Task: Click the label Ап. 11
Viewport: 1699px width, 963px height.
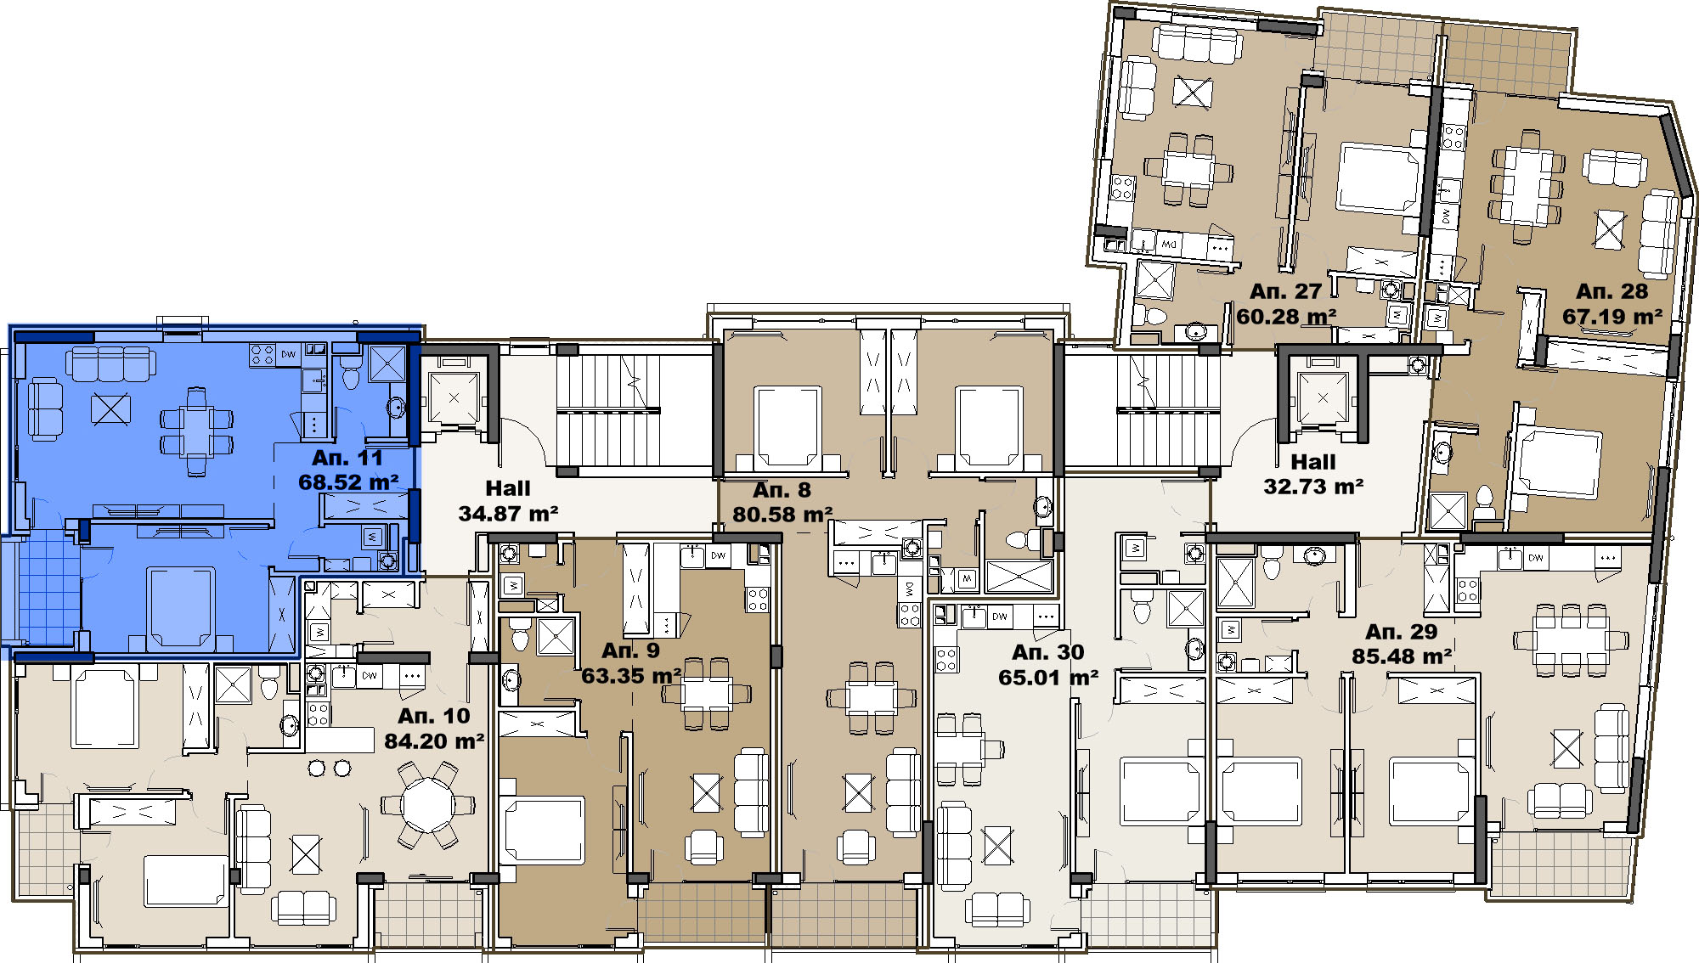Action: (x=347, y=458)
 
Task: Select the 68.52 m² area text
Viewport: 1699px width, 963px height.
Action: (x=348, y=482)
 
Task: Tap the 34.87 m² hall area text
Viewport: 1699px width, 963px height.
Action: (x=508, y=514)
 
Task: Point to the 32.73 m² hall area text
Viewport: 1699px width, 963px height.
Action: (x=1313, y=487)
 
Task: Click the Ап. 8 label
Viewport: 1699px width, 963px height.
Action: (x=782, y=490)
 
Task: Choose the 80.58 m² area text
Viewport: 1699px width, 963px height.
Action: (x=782, y=515)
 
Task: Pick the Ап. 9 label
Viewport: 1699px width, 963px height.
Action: (x=630, y=650)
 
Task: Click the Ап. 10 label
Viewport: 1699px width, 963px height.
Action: (x=434, y=716)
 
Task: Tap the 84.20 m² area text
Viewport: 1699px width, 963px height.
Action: (x=434, y=741)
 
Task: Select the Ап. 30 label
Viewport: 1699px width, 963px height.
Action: (x=1048, y=652)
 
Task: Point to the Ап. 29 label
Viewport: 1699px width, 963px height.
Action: (x=1402, y=632)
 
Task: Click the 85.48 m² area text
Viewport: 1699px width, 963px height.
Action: (x=1402, y=656)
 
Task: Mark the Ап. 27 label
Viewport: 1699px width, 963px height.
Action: (x=1286, y=291)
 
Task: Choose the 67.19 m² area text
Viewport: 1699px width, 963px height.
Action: (x=1612, y=317)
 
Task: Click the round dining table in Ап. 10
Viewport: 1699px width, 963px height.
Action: (x=429, y=803)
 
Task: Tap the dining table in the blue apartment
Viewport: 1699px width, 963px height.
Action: (x=196, y=431)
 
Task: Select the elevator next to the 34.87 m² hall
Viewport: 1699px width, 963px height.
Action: (x=454, y=397)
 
